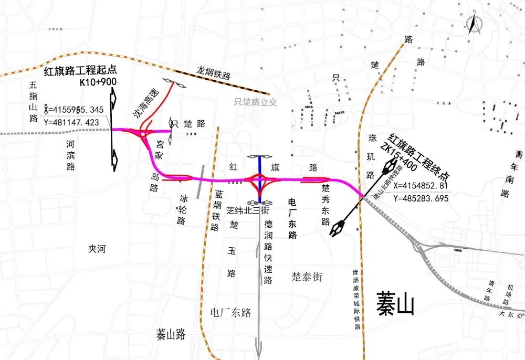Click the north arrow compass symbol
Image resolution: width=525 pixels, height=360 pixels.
click(x=474, y=24)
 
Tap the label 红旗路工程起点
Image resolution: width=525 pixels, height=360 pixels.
click(x=80, y=71)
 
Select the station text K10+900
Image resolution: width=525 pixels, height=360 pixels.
click(x=98, y=82)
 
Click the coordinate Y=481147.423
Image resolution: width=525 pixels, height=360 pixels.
click(x=72, y=122)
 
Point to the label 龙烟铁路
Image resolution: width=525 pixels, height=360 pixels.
click(x=214, y=72)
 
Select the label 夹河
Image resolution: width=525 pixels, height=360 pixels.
click(x=97, y=249)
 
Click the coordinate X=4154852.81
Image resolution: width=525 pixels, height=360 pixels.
click(x=420, y=185)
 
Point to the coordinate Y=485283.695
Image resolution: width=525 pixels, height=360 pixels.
click(x=421, y=198)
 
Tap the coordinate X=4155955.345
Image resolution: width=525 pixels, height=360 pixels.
click(x=74, y=109)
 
